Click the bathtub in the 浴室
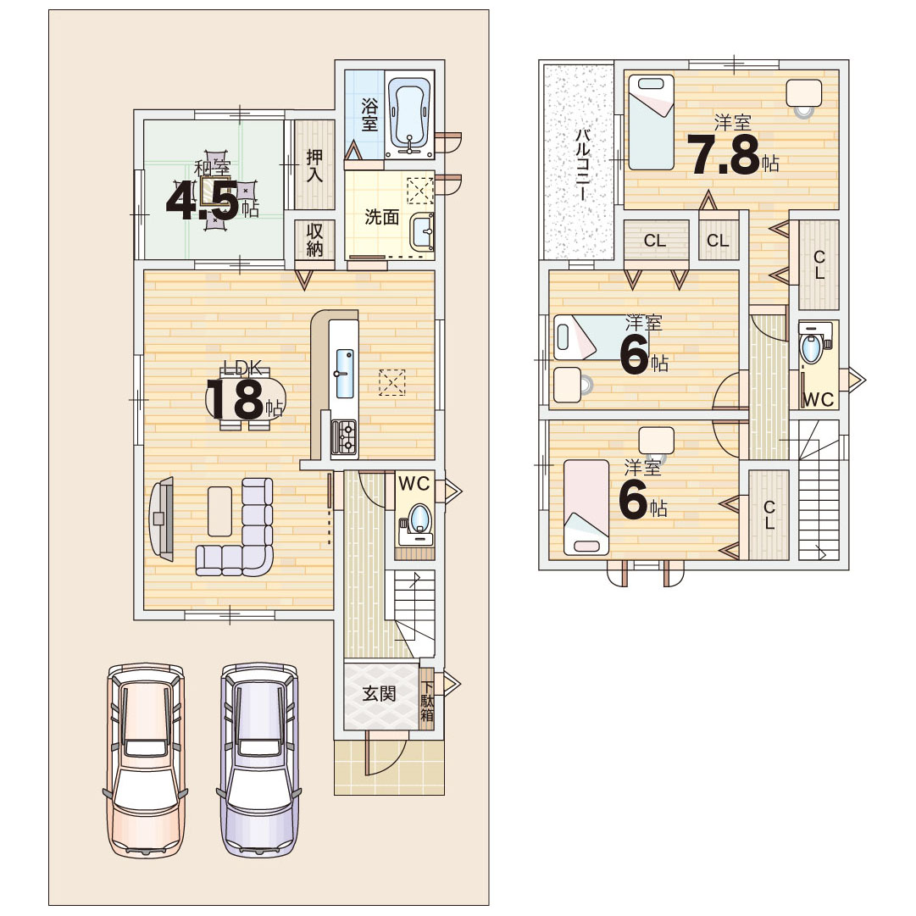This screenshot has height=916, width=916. pos(409,114)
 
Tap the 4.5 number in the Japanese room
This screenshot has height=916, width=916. pos(203,200)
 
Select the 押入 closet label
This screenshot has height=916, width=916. pos(314,165)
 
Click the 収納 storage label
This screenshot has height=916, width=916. pos(314,239)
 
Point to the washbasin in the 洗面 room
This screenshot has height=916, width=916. pos(422,231)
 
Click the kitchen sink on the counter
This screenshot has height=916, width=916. pos(345,374)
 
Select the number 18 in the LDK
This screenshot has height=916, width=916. pos(235,400)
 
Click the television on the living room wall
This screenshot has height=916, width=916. pos(162,519)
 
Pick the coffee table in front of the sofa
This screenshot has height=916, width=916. pos(219,511)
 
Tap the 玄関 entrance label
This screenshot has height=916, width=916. pos(379,694)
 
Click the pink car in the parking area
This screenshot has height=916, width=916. pos(146,760)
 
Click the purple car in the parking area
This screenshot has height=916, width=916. pos(258,760)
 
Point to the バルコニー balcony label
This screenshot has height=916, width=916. pos(582,164)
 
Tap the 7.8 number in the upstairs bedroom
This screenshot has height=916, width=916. pos(723,155)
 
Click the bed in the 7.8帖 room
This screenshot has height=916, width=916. pos(652,122)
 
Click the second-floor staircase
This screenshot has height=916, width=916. pos(819,491)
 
